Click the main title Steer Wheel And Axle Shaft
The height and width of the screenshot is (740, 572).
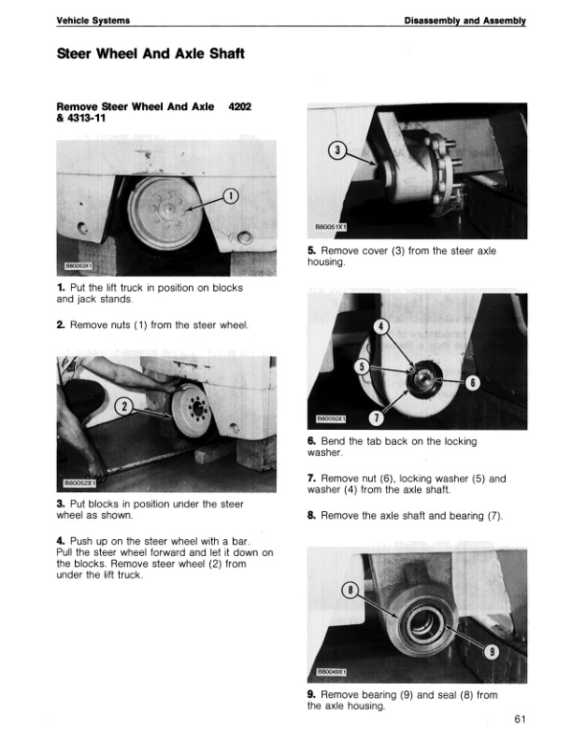tap(150, 54)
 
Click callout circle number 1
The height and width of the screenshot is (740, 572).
tap(231, 196)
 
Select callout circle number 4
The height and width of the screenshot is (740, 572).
tap(381, 326)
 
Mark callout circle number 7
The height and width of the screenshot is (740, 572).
tap(377, 416)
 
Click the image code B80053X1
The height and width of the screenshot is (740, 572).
tap(79, 266)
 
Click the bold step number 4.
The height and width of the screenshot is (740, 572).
tap(60, 541)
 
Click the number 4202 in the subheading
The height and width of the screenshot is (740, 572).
tap(240, 107)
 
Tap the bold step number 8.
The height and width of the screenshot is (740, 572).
tap(311, 515)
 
